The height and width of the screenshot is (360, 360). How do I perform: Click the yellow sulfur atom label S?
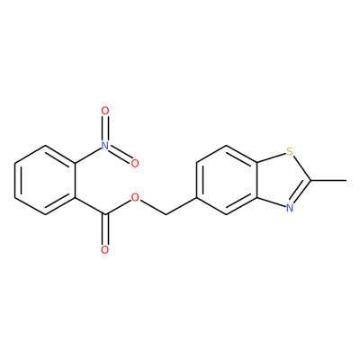click(x=289, y=152)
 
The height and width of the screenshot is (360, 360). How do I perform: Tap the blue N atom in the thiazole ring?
click(x=289, y=208)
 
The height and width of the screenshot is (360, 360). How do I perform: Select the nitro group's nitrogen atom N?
click(x=104, y=146)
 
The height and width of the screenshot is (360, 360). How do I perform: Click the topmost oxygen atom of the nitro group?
click(x=104, y=111)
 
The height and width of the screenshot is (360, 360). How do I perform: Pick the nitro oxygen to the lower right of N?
click(x=135, y=163)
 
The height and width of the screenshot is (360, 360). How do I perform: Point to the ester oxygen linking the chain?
click(x=135, y=197)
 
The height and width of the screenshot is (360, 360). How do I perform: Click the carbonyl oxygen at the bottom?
click(x=104, y=250)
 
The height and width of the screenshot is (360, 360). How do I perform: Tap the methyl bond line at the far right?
click(x=328, y=180)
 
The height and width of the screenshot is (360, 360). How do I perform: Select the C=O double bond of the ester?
click(x=104, y=229)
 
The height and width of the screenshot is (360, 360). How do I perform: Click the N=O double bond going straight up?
click(x=104, y=128)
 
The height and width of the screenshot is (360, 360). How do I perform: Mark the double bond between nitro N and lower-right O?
click(x=120, y=154)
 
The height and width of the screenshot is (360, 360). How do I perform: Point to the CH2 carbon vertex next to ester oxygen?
click(x=166, y=215)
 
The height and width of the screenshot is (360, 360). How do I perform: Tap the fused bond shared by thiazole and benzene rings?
click(x=257, y=180)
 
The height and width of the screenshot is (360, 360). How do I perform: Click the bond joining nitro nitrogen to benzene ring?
click(x=88, y=156)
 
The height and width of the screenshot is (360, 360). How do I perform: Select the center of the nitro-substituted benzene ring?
click(x=45, y=180)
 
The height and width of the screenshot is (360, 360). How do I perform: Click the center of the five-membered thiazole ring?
click(x=281, y=180)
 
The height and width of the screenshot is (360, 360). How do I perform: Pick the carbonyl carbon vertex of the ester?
click(x=104, y=215)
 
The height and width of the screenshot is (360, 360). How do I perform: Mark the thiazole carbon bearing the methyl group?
click(x=310, y=180)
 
